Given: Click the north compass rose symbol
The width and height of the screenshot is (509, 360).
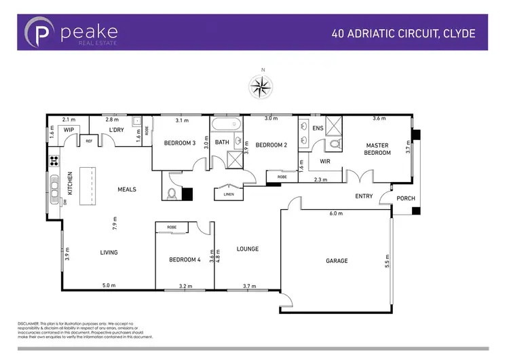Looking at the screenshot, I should tap(259, 86).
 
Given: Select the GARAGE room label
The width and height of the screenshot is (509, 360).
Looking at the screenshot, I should tap(336, 261).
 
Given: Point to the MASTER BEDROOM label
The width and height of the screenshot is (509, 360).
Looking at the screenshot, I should tap(378, 149).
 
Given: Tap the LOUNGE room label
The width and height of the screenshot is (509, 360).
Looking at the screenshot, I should tap(247, 249).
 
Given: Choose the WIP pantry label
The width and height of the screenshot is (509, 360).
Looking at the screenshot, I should tap(69, 129).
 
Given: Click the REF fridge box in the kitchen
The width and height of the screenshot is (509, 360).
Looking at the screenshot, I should tap(89, 141).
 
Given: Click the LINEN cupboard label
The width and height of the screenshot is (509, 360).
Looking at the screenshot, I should tap(228, 194).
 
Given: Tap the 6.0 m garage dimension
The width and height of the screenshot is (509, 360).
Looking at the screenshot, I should tap(335, 213).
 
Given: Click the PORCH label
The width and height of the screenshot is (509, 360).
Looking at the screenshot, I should tap(405, 198).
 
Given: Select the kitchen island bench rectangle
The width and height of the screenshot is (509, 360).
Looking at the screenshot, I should tap(86, 185).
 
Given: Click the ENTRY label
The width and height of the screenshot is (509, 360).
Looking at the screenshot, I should tap(364, 196).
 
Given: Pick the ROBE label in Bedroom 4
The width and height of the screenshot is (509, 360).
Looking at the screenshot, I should tap(172, 227).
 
